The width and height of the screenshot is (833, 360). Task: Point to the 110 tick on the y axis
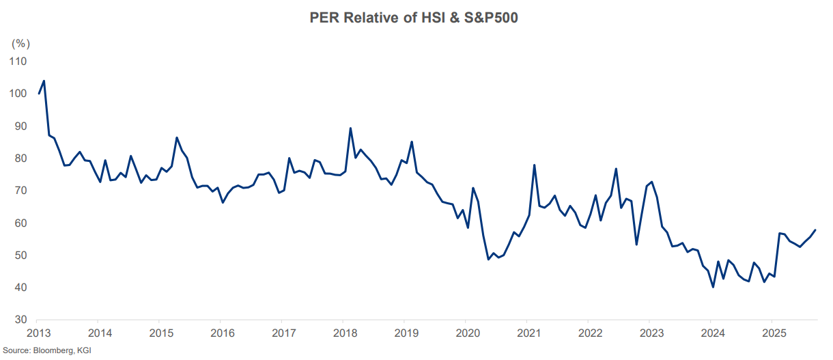coord(18,61)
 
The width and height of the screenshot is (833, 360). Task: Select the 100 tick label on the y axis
coord(18,94)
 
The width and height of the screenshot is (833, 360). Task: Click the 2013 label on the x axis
coord(39,334)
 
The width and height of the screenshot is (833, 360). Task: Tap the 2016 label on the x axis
coord(223,334)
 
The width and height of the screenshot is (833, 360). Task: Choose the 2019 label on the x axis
coord(406,334)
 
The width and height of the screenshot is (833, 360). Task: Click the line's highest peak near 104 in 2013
coord(44,81)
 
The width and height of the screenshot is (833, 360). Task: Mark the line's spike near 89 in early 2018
coord(350,128)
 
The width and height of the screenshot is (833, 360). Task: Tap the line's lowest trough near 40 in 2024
coord(713,287)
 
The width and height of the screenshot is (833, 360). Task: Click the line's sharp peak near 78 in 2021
coord(534,165)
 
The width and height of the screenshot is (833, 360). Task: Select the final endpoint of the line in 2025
coord(815,230)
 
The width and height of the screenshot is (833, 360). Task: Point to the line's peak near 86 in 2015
coord(177,138)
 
